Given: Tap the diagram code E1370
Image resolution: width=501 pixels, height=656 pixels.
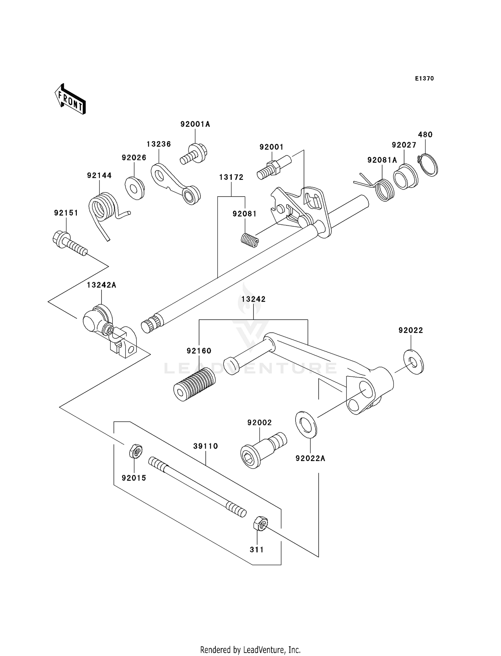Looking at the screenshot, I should click(x=424, y=79).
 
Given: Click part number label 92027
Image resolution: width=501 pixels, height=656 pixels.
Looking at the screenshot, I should click(x=404, y=145).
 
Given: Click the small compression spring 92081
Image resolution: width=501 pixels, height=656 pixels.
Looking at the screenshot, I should click(x=249, y=240).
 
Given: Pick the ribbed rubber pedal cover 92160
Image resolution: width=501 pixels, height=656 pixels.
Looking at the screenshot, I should click(x=195, y=385).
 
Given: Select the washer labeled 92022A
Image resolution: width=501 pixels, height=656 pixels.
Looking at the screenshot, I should click(x=306, y=425).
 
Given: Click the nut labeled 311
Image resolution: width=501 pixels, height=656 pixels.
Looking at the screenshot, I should click(x=261, y=523).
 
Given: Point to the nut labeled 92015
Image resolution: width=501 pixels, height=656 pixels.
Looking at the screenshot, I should click(x=136, y=451).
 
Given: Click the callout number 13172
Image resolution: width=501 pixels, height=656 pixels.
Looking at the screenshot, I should click(x=231, y=177).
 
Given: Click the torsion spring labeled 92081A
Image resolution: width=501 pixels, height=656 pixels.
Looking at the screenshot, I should click(x=384, y=190).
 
